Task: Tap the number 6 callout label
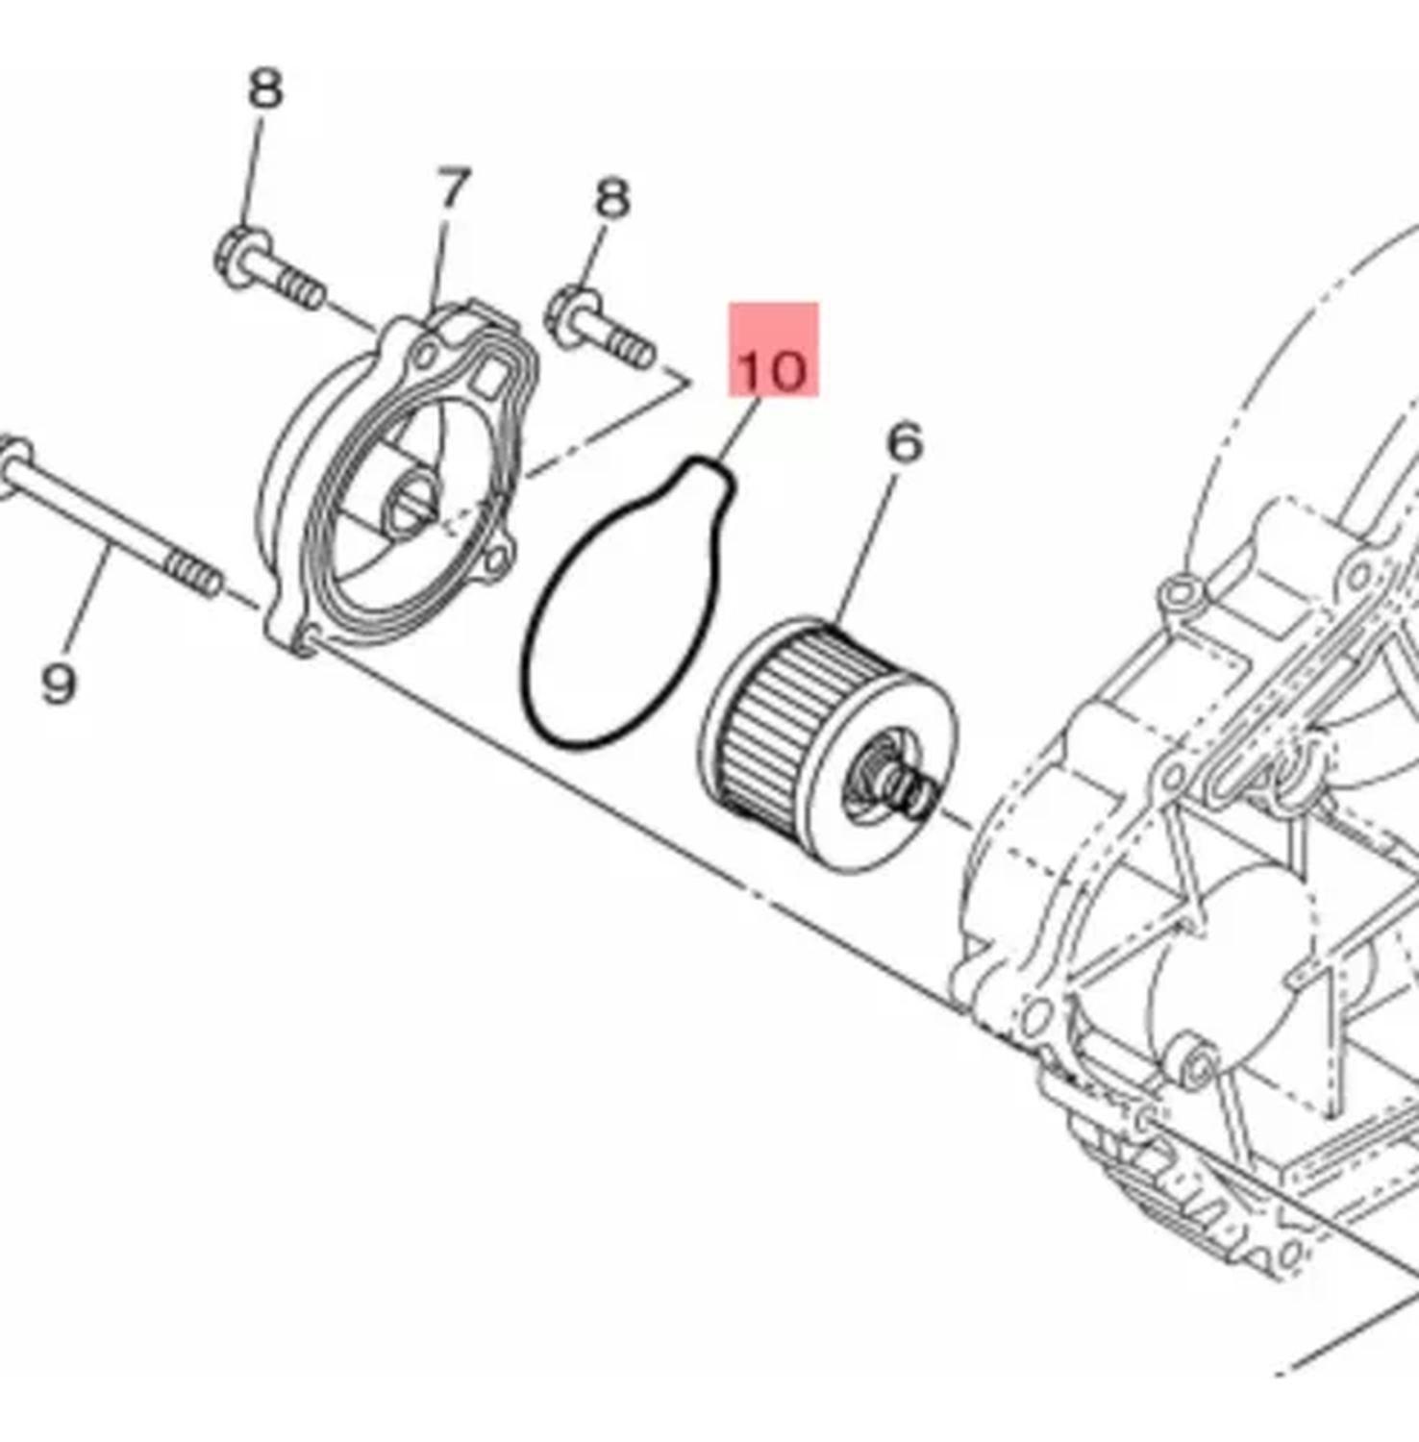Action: pyautogui.click(x=905, y=443)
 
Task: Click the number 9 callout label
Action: pyautogui.click(x=59, y=684)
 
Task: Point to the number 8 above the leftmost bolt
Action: pyautogui.click(x=265, y=89)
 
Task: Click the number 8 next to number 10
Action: pyautogui.click(x=612, y=199)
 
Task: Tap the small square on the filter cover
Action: pyautogui.click(x=491, y=378)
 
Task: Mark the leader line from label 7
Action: pyautogui.click(x=441, y=260)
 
